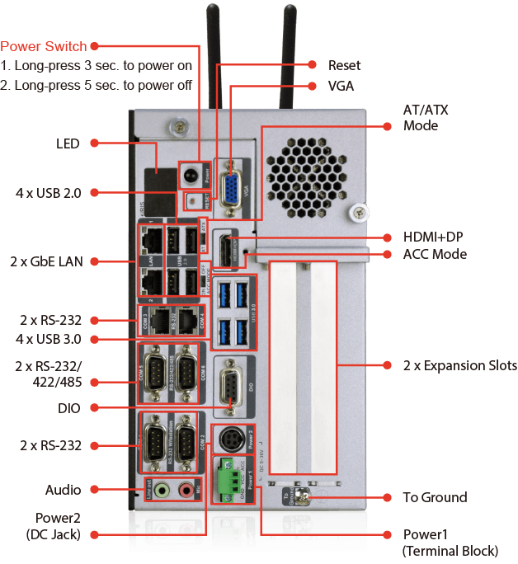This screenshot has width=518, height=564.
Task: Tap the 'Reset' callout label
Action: click(x=344, y=65)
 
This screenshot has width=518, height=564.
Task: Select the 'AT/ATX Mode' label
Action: click(x=426, y=118)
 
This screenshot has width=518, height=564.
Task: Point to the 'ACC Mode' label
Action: click(x=435, y=254)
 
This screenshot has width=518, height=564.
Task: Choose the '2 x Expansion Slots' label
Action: click(x=459, y=365)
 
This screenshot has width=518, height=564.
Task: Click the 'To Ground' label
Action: click(x=435, y=497)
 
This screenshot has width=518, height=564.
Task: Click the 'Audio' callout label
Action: click(x=63, y=490)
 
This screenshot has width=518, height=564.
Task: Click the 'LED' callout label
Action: click(x=68, y=143)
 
